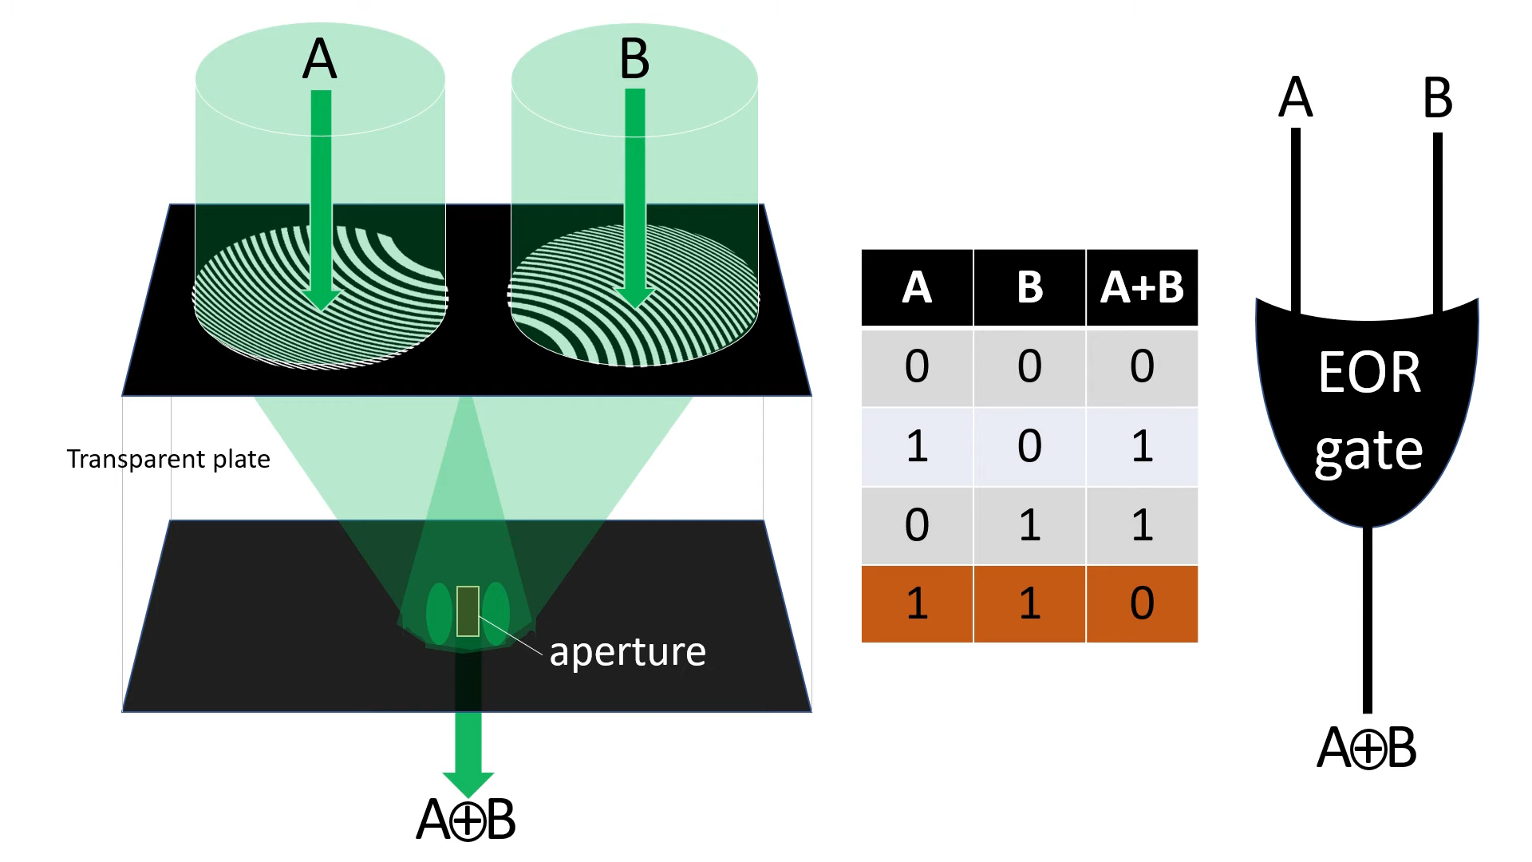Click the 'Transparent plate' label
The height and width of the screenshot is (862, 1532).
click(x=168, y=459)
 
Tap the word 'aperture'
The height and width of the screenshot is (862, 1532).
click(x=627, y=651)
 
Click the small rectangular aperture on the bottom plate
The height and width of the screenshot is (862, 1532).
click(x=468, y=611)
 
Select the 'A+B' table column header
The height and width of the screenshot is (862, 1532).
click(x=1142, y=287)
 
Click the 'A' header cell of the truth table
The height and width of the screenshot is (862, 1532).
click(x=917, y=287)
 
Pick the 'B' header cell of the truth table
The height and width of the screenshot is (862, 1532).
click(x=1029, y=287)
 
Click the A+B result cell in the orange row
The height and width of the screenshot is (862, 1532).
click(x=1142, y=603)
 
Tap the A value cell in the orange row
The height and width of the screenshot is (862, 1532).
click(x=917, y=603)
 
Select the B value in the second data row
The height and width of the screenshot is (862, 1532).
click(x=1029, y=445)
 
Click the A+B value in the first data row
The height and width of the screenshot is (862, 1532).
click(x=1142, y=366)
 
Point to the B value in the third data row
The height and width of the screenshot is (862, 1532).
click(x=1029, y=524)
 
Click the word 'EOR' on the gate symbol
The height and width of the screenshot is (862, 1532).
click(x=1369, y=373)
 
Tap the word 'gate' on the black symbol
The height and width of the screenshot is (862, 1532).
click(x=1368, y=452)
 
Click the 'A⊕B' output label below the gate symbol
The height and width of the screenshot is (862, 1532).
click(x=1366, y=748)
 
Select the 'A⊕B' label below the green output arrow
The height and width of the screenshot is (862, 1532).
click(x=466, y=819)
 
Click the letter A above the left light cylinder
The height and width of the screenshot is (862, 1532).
click(x=319, y=59)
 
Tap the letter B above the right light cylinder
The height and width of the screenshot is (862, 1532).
click(x=634, y=59)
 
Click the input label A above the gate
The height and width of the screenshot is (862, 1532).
click(x=1295, y=98)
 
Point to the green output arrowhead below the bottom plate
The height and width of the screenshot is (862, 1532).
click(x=468, y=782)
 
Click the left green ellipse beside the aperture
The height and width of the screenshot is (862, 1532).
click(x=439, y=613)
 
